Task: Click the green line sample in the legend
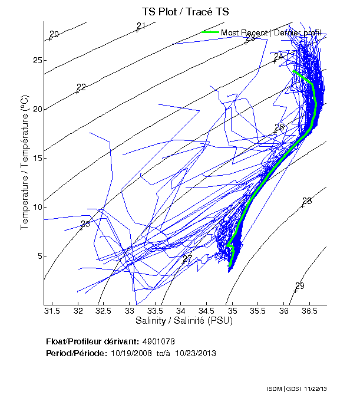[210, 32]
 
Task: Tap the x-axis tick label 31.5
[52, 311]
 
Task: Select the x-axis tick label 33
[130, 311]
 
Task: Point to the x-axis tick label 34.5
[207, 311]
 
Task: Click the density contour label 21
[141, 26]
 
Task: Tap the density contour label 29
[300, 286]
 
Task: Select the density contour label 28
[306, 201]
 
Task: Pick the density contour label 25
[85, 224]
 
